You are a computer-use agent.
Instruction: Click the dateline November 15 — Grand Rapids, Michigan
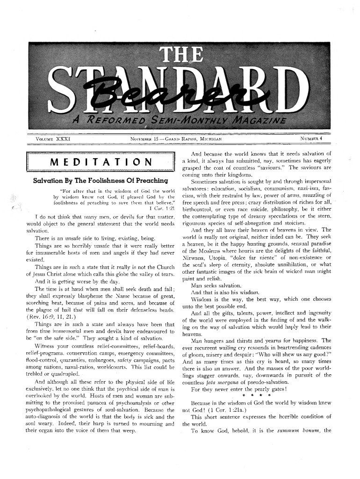click(x=176, y=139)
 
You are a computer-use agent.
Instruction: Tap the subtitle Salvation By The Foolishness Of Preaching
click(x=101, y=180)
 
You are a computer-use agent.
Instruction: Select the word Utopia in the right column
click(x=225, y=257)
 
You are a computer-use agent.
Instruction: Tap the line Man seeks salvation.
click(x=215, y=285)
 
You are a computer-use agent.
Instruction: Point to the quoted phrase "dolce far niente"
click(x=267, y=257)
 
